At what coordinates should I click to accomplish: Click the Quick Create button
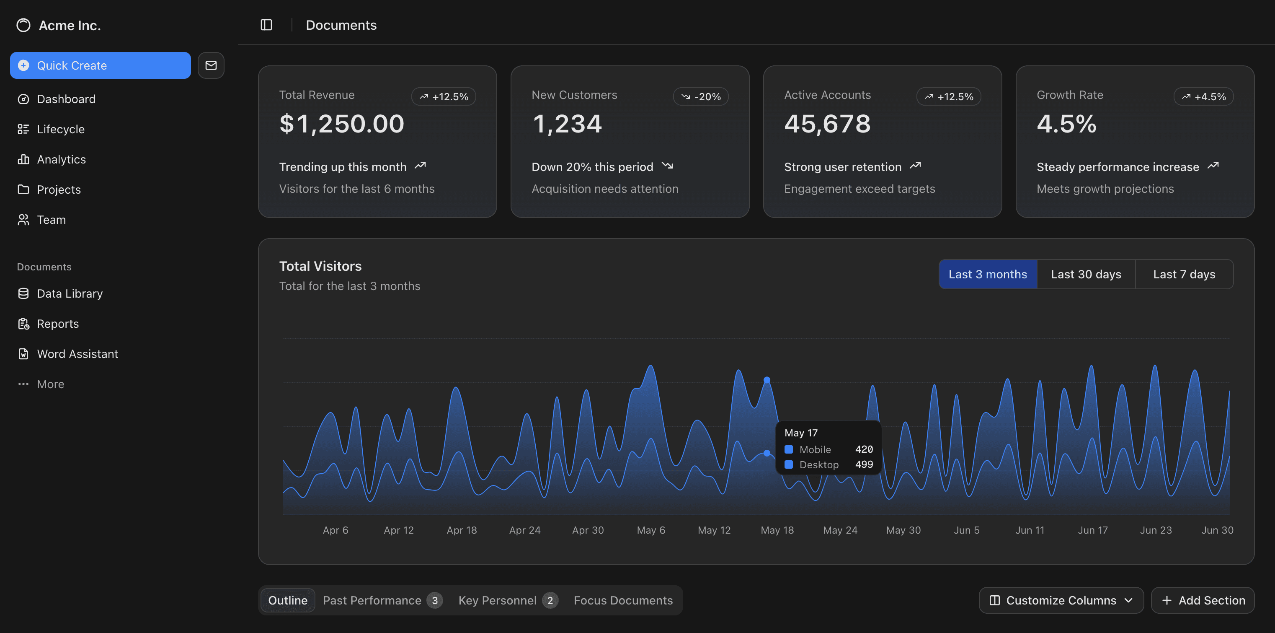coord(100,65)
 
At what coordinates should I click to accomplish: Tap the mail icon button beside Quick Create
coord(211,65)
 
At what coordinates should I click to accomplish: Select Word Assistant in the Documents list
coord(77,354)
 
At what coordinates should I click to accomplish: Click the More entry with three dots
coord(50,384)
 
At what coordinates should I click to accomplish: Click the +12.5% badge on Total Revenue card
coord(444,96)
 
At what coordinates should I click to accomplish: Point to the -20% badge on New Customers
coord(700,96)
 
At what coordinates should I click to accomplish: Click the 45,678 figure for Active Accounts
coord(827,124)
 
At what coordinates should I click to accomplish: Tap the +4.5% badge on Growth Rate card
coord(1203,96)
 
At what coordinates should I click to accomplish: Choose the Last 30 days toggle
coord(1086,275)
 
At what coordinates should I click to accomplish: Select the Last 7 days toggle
coord(1184,275)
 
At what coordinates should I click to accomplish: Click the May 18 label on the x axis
coord(777,530)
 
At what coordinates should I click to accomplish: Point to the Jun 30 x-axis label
coord(1217,530)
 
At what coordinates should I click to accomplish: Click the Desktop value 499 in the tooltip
coord(864,464)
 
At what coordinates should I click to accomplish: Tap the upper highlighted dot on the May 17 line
coord(767,380)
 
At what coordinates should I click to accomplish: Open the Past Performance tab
coord(372,600)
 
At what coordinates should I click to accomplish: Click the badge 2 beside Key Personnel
coord(550,600)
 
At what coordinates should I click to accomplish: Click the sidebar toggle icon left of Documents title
coord(266,25)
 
